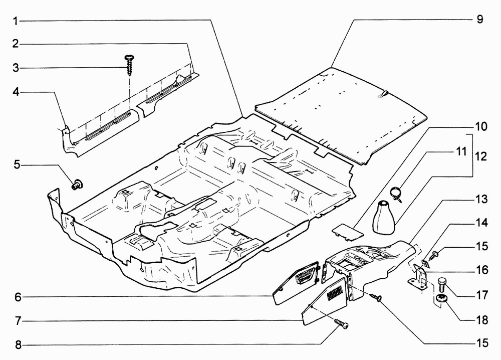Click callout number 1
click(16, 21)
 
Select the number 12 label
click(481, 156)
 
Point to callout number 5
click(16, 164)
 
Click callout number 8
click(16, 345)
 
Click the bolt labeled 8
click(341, 324)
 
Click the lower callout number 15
click(481, 343)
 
